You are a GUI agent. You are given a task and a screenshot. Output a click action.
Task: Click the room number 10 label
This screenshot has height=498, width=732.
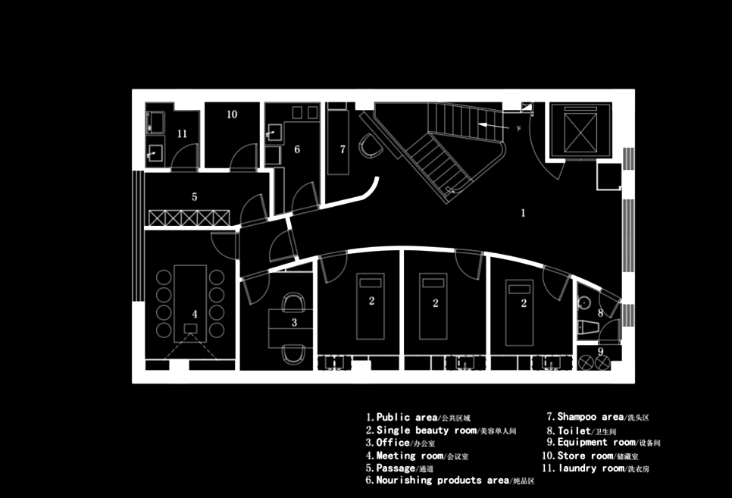coord(232,114)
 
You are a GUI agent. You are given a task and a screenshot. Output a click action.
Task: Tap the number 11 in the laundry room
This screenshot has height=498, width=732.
coord(182,133)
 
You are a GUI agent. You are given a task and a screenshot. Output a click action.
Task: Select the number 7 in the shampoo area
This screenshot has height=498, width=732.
coord(343,149)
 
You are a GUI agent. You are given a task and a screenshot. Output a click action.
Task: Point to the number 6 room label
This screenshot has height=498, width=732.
coord(297,149)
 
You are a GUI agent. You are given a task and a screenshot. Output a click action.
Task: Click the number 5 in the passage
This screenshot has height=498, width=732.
coord(195,196)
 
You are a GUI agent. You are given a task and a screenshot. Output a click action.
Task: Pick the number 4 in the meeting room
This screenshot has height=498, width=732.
coord(195,313)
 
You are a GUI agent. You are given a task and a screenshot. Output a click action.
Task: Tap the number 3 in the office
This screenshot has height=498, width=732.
coord(295,322)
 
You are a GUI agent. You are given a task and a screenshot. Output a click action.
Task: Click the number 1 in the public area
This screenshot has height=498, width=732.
coord(523,213)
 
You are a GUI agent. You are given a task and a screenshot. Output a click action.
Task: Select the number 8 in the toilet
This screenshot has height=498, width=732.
coord(600,312)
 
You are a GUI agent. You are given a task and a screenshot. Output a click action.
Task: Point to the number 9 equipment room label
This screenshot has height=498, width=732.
coord(601,351)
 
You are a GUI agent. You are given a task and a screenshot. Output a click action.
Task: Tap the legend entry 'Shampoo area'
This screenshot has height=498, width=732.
coord(591,416)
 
